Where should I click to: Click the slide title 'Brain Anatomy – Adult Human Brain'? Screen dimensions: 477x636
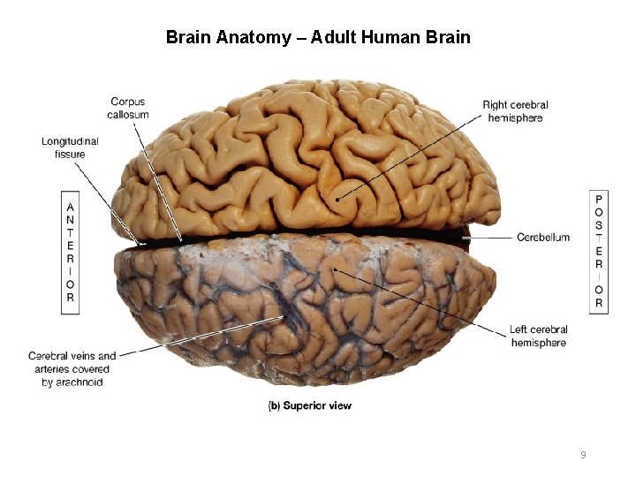pos(318,38)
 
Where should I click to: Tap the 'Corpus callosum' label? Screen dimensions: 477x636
pos(128,108)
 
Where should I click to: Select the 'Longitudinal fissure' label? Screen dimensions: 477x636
pos(70,148)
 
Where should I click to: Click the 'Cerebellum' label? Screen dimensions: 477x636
pos(543,237)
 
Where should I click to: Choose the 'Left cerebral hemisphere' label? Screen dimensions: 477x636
pos(538,336)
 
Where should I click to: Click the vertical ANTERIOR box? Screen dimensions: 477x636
pos(71,252)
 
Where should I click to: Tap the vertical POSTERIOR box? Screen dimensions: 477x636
pos(599,252)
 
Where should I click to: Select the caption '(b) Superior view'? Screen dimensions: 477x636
pos(309,405)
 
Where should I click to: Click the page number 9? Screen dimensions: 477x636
pos(583,455)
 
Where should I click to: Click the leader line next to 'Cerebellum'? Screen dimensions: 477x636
pos(490,237)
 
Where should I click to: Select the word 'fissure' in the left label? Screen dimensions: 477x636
pos(70,155)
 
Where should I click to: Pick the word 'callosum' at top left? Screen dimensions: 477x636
pos(128,115)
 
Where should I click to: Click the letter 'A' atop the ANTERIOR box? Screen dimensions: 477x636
pos(71,207)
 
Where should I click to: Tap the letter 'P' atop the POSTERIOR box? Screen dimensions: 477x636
pos(599,200)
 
